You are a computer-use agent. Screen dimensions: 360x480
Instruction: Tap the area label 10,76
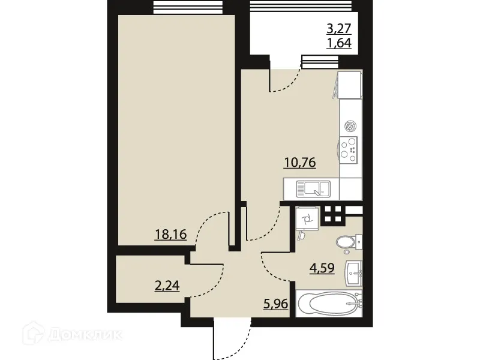pyautogui.click(x=300, y=162)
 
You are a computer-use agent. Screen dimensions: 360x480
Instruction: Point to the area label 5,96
pyautogui.click(x=277, y=304)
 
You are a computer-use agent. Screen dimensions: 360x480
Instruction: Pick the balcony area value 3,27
pyautogui.click(x=338, y=28)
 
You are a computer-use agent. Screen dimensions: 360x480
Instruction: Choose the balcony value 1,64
pyautogui.click(x=338, y=43)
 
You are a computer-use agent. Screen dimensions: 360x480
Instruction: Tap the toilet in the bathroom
pyautogui.click(x=346, y=242)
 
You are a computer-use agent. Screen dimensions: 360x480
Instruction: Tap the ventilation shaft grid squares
pyautogui.click(x=334, y=214)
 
